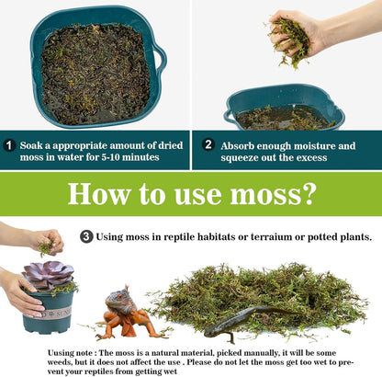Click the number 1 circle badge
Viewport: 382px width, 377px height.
pos(9,145)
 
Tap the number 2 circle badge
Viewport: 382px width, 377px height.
pos(208,145)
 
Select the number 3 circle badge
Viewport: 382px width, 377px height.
pos(86,236)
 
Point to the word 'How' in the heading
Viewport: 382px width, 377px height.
pos(101,195)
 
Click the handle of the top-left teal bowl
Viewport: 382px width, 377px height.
pos(160,63)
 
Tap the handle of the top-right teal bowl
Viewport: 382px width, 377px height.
pos(230,115)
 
